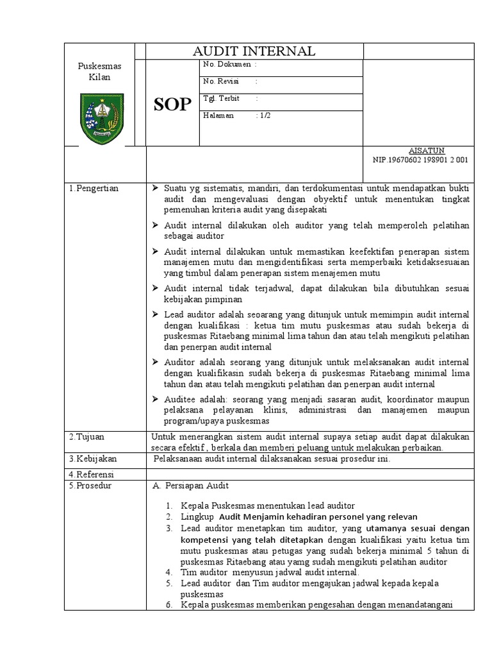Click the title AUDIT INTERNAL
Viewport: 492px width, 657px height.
255,52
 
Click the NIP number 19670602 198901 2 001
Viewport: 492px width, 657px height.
420,160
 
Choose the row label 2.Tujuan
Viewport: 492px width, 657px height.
88,436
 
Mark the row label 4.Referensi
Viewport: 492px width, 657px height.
92,474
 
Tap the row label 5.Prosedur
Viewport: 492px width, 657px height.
91,486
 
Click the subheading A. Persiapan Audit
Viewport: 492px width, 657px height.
186,486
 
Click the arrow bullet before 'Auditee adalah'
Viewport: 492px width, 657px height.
156,399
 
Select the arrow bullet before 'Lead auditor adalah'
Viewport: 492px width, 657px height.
156,314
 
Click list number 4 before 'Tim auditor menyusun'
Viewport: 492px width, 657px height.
168,571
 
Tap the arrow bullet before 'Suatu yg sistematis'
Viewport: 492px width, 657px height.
156,188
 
